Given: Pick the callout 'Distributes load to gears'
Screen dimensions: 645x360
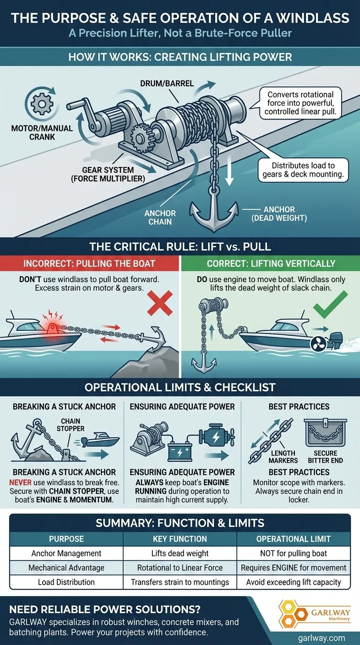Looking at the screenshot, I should (x=303, y=170).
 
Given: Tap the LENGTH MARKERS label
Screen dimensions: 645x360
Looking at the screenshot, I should (x=283, y=457).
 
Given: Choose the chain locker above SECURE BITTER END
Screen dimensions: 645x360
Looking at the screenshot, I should (x=325, y=432).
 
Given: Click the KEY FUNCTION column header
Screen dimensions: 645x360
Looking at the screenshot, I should (x=180, y=539).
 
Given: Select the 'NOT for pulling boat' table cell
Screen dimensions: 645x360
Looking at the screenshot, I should (x=293, y=553).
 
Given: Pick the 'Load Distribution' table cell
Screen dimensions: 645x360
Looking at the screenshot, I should (x=66, y=582).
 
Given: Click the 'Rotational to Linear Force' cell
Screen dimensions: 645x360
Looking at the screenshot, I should (x=180, y=568).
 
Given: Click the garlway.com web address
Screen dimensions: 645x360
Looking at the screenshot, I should (x=321, y=637).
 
